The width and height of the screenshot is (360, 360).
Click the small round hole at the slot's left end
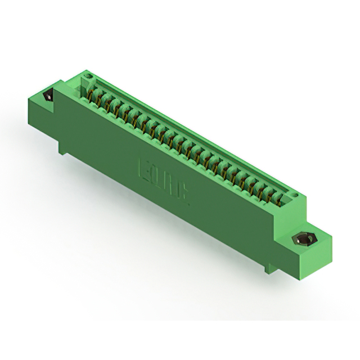point(86,79)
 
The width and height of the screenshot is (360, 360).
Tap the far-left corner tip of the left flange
point(28,101)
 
